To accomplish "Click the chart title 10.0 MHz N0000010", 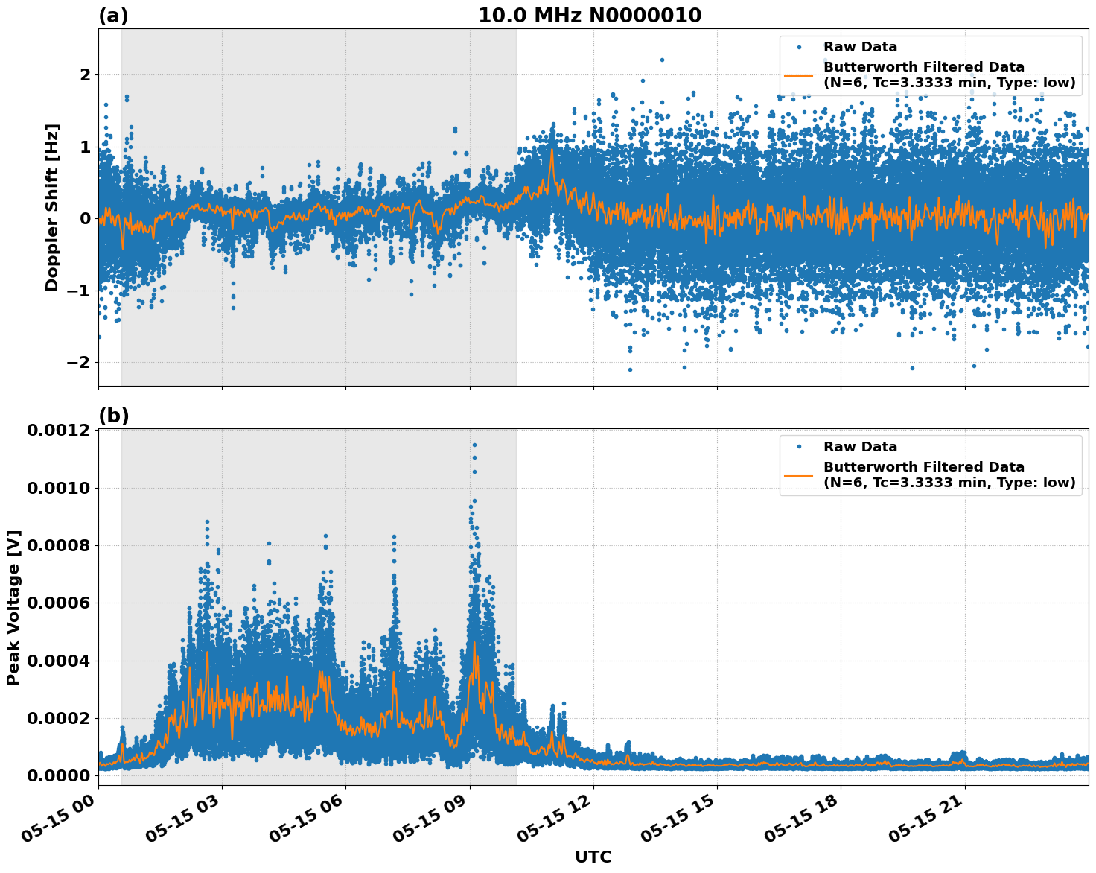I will tap(589, 16).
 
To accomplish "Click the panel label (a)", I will tap(113, 16).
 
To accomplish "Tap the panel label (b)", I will tap(113, 416).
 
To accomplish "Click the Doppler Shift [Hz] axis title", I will tap(52, 207).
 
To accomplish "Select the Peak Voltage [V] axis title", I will tap(13, 607).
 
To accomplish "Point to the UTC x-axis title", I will tap(593, 857).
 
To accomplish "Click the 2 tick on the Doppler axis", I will tap(85, 74).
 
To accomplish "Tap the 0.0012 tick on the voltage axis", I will tap(58, 431).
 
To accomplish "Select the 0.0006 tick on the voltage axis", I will tap(58, 603).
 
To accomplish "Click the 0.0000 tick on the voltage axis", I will tap(58, 775).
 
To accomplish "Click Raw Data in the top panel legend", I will tap(860, 47).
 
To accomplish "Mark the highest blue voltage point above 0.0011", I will tap(474, 445).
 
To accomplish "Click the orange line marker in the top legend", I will tap(799, 75).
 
